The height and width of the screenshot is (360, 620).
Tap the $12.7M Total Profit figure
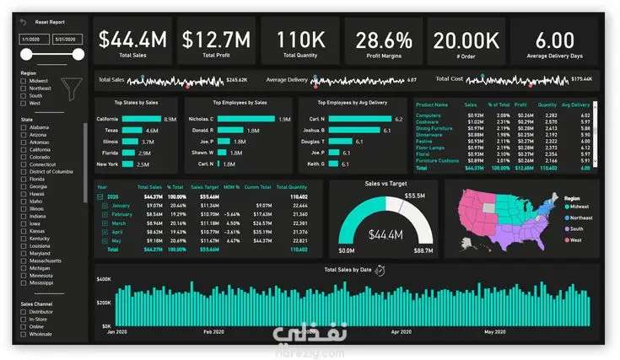216,39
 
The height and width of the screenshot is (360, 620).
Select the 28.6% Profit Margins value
383,39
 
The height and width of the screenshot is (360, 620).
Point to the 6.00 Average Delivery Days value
554,39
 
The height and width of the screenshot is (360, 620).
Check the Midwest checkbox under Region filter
24,80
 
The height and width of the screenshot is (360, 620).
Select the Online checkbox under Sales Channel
24,326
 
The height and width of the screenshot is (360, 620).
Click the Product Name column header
430,105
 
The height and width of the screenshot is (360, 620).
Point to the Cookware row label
429,121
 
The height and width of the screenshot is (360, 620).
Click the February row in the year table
122,214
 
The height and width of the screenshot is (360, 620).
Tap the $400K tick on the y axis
104,279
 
